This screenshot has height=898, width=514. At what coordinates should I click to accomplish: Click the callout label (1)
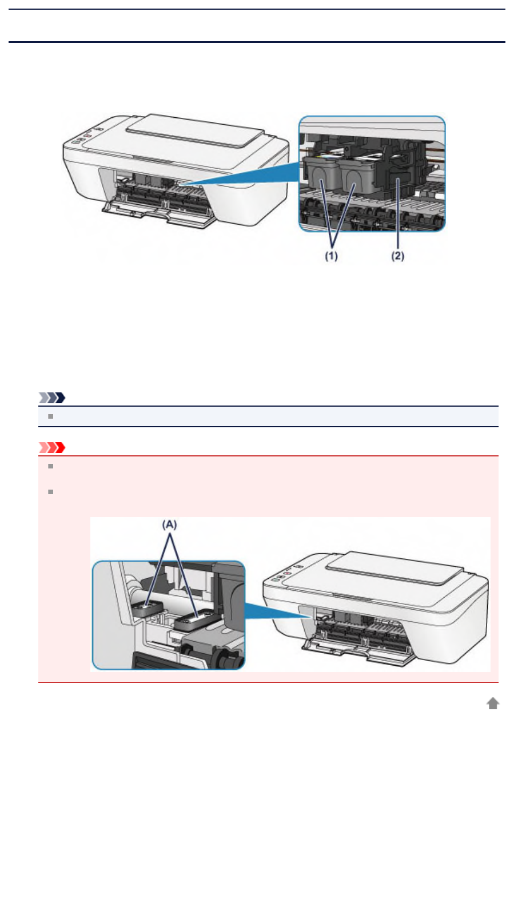332,256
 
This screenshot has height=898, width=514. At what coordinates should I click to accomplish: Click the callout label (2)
397,256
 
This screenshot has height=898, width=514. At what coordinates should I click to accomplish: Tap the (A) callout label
170,524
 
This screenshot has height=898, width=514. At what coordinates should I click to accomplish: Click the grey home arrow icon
493,704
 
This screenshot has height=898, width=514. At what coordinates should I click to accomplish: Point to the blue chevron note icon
52,398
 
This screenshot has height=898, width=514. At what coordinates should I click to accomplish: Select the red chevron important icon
52,447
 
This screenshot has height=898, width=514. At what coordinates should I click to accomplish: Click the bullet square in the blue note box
51,416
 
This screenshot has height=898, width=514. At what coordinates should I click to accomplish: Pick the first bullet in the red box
51,466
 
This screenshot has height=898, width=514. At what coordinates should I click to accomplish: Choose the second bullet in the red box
51,491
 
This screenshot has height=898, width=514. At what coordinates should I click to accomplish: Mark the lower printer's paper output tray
357,652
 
